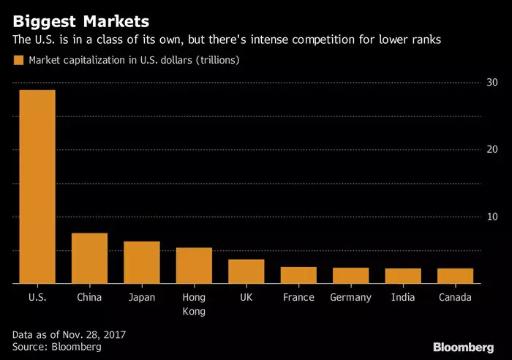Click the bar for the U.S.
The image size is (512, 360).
click(37, 187)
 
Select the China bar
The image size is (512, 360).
click(89, 258)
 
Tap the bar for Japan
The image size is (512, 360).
click(141, 262)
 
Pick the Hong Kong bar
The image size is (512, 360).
click(194, 266)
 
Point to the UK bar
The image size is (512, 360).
click(246, 271)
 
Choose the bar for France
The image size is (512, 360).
click(298, 275)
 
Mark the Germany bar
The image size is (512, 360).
click(350, 275)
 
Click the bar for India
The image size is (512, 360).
click(403, 276)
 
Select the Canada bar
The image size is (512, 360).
click(455, 276)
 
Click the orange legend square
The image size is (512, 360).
click(18, 59)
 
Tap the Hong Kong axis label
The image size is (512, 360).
click(194, 304)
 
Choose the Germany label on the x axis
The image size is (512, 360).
click(350, 297)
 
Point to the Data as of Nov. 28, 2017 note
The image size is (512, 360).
click(69, 334)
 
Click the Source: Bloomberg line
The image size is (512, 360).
click(57, 347)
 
